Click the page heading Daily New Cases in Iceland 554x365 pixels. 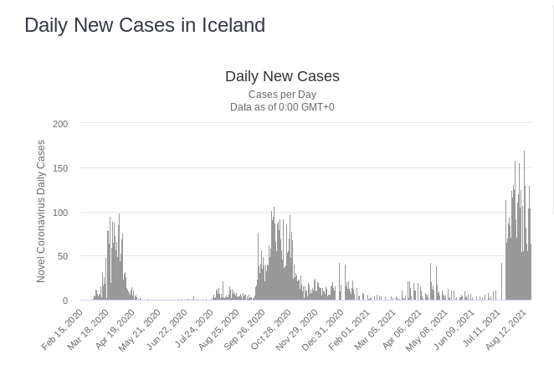tap(145, 25)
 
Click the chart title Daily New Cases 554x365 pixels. tap(282, 76)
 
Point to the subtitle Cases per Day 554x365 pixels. tap(282, 95)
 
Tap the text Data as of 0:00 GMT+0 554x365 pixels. tap(282, 107)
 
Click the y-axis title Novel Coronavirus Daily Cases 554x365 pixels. tap(41, 211)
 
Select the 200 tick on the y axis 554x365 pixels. tap(60, 124)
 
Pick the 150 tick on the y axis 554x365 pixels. tap(60, 168)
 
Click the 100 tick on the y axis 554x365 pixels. tap(60, 213)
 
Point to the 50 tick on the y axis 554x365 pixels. tap(63, 256)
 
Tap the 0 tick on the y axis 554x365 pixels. tap(65, 301)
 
